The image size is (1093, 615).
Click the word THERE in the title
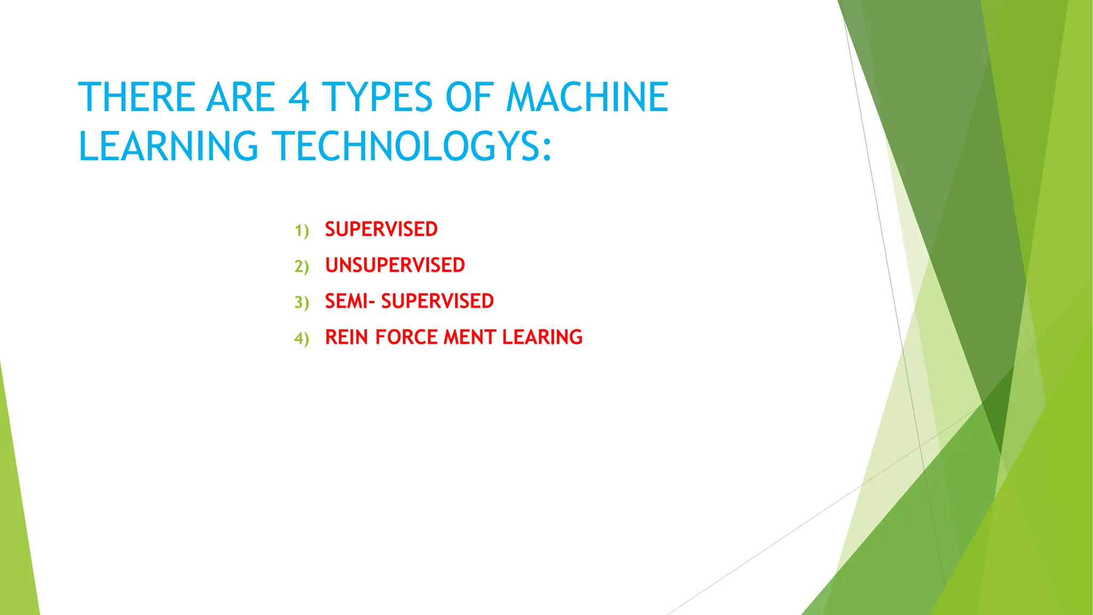point(137,97)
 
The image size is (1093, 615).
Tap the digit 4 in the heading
point(298,97)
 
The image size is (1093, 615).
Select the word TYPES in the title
point(377,97)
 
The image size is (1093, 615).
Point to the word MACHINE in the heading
point(587,97)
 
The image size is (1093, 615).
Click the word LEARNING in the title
point(169,146)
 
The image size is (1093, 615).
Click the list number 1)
point(302,231)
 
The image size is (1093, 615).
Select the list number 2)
point(302,266)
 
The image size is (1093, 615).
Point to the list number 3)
point(302,302)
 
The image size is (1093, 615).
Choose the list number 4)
point(302,338)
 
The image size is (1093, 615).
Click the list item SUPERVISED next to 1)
point(381,230)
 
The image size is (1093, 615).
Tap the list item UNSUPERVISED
point(395,265)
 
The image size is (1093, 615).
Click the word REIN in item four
point(346,337)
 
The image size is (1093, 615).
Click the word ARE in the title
point(241,97)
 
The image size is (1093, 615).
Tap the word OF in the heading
point(468,97)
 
